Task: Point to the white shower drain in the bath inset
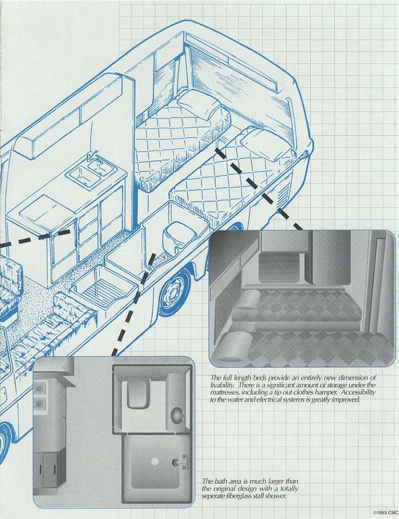pos(155,462)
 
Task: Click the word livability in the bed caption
pos(223,385)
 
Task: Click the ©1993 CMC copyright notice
pos(385,513)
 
